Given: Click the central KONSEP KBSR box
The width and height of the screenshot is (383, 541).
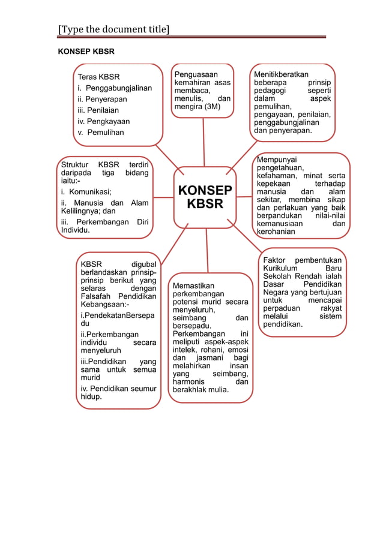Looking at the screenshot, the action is pyautogui.click(x=205, y=196).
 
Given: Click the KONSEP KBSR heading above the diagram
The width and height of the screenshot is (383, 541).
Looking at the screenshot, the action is pyautogui.click(x=86, y=52).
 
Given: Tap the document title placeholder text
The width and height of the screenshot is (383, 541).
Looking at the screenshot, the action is pyautogui.click(x=113, y=29).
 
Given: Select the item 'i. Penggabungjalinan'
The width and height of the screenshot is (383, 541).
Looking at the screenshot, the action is pyautogui.click(x=115, y=88).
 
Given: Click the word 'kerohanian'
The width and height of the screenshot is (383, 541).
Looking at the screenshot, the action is pyautogui.click(x=276, y=232).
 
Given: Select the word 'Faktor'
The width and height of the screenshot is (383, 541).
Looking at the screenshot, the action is pyautogui.click(x=277, y=260).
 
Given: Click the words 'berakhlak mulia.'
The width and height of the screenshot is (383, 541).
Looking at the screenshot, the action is pyautogui.click(x=204, y=390).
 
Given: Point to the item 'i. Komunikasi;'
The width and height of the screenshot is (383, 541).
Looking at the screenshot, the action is pyautogui.click(x=86, y=192).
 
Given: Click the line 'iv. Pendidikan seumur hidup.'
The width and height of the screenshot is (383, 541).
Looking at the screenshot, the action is pyautogui.click(x=118, y=392).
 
